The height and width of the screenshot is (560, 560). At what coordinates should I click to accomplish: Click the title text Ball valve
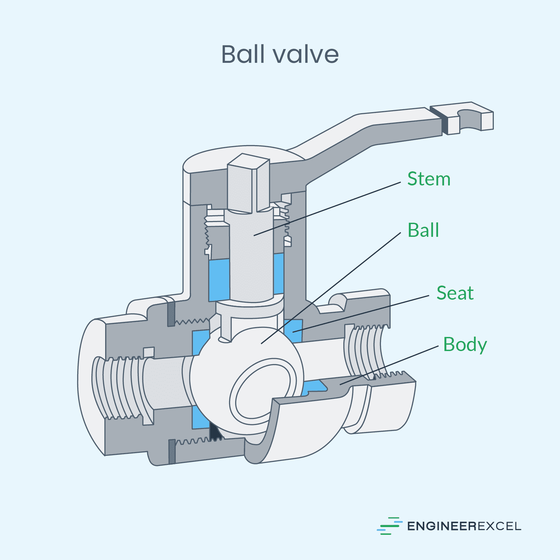coord(280,54)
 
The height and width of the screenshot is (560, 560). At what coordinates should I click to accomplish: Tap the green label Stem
coord(429,179)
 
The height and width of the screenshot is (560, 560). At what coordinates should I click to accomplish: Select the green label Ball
coord(423,230)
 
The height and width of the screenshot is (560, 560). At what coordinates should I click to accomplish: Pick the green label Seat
coord(455,293)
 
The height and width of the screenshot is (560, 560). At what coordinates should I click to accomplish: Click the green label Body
coord(465,344)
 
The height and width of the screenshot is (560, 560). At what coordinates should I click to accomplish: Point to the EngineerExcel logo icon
coord(390,526)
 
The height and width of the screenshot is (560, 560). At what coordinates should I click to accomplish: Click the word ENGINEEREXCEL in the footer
coord(464,526)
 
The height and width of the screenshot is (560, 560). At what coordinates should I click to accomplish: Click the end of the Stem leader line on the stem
coord(254,235)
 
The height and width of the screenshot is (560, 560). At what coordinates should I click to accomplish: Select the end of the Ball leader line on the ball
coord(262,343)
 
